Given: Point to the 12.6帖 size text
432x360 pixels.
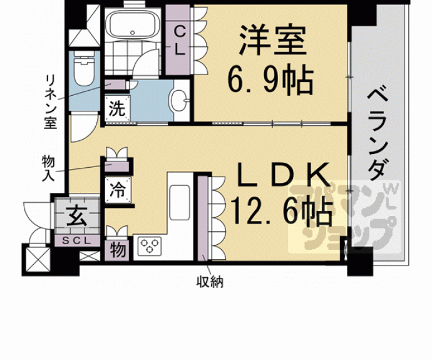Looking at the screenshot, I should click(x=282, y=212).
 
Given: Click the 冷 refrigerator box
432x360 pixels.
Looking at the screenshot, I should click(x=118, y=189).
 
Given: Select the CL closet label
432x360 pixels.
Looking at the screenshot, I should click(x=179, y=41).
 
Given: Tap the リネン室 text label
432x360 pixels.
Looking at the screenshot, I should click(x=51, y=100).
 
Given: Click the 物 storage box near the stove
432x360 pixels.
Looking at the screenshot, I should click(x=118, y=249).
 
